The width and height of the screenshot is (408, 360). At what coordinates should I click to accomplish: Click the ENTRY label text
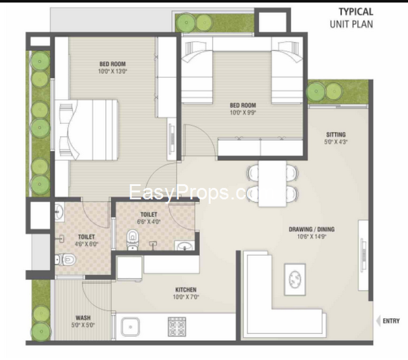click(391, 321)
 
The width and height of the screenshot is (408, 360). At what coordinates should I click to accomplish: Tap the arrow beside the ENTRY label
click(378, 321)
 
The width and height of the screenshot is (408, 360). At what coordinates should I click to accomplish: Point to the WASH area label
click(82, 317)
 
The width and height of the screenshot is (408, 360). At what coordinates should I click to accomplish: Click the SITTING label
click(336, 135)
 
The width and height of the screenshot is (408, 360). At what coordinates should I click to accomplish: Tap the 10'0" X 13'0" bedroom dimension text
click(112, 72)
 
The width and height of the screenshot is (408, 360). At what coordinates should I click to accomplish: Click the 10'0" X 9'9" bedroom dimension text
click(242, 112)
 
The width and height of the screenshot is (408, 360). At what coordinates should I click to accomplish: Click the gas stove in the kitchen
click(176, 327)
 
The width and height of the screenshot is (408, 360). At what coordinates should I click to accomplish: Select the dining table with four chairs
click(273, 183)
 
